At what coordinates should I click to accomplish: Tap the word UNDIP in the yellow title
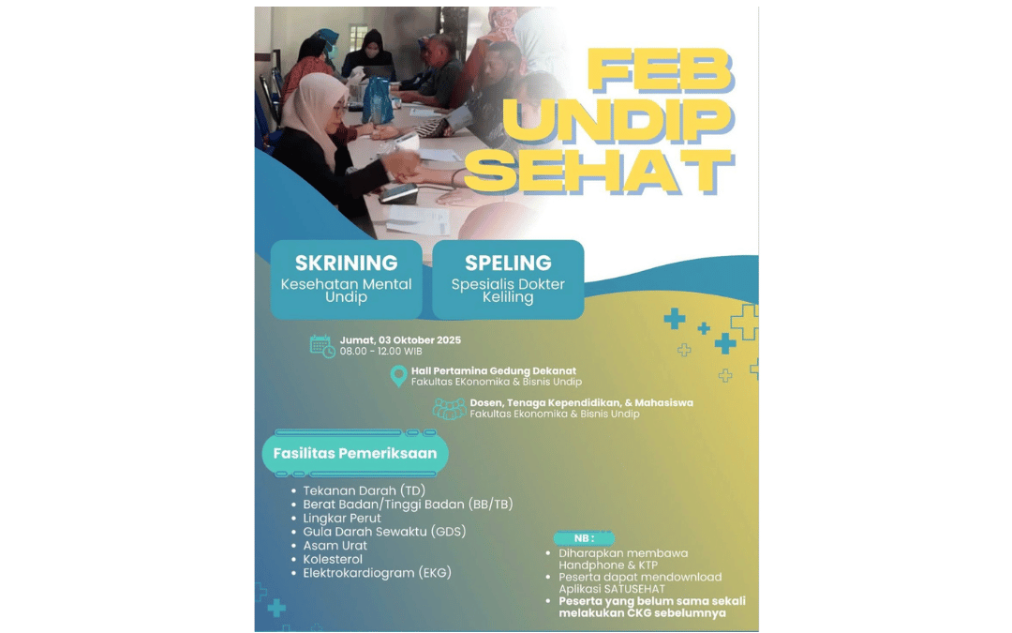coord(618,119)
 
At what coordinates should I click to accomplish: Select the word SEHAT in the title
coord(599,172)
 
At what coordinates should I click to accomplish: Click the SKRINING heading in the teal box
coord(347,263)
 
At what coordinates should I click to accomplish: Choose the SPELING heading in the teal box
coord(508,263)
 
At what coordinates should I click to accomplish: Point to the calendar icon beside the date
coord(322,346)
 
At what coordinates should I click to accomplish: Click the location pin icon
coord(399,376)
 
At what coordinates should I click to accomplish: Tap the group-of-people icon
coord(449,409)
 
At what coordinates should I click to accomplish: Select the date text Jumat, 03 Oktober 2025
coord(400,340)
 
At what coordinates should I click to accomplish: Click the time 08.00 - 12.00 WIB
coord(380,352)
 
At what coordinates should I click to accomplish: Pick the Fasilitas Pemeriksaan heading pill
coord(355,454)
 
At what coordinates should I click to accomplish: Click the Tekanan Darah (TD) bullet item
coord(364,490)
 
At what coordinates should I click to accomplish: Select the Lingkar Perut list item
coord(342,518)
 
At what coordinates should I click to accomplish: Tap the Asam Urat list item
coord(335,546)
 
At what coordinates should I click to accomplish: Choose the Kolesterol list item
coord(333,559)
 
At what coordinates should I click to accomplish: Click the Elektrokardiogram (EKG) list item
coord(377,573)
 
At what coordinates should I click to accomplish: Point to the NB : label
coord(584,538)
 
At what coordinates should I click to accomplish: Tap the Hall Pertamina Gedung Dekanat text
coord(494,370)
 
